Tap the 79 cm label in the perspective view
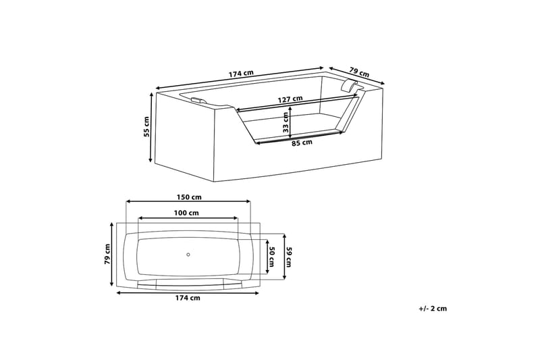(360, 71)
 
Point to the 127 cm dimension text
(290, 99)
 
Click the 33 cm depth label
(286, 122)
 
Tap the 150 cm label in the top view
(189, 197)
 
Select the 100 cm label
(186, 213)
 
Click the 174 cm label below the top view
(188, 298)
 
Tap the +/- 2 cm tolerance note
(433, 308)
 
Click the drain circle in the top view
(188, 255)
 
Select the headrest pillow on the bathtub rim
(350, 85)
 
